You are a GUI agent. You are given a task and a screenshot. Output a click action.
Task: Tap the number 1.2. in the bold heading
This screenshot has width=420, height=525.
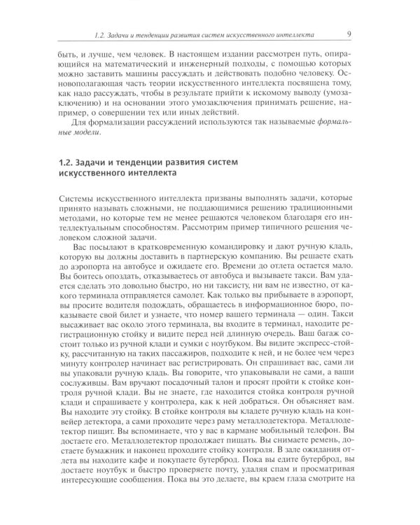pyautogui.click(x=70, y=162)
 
